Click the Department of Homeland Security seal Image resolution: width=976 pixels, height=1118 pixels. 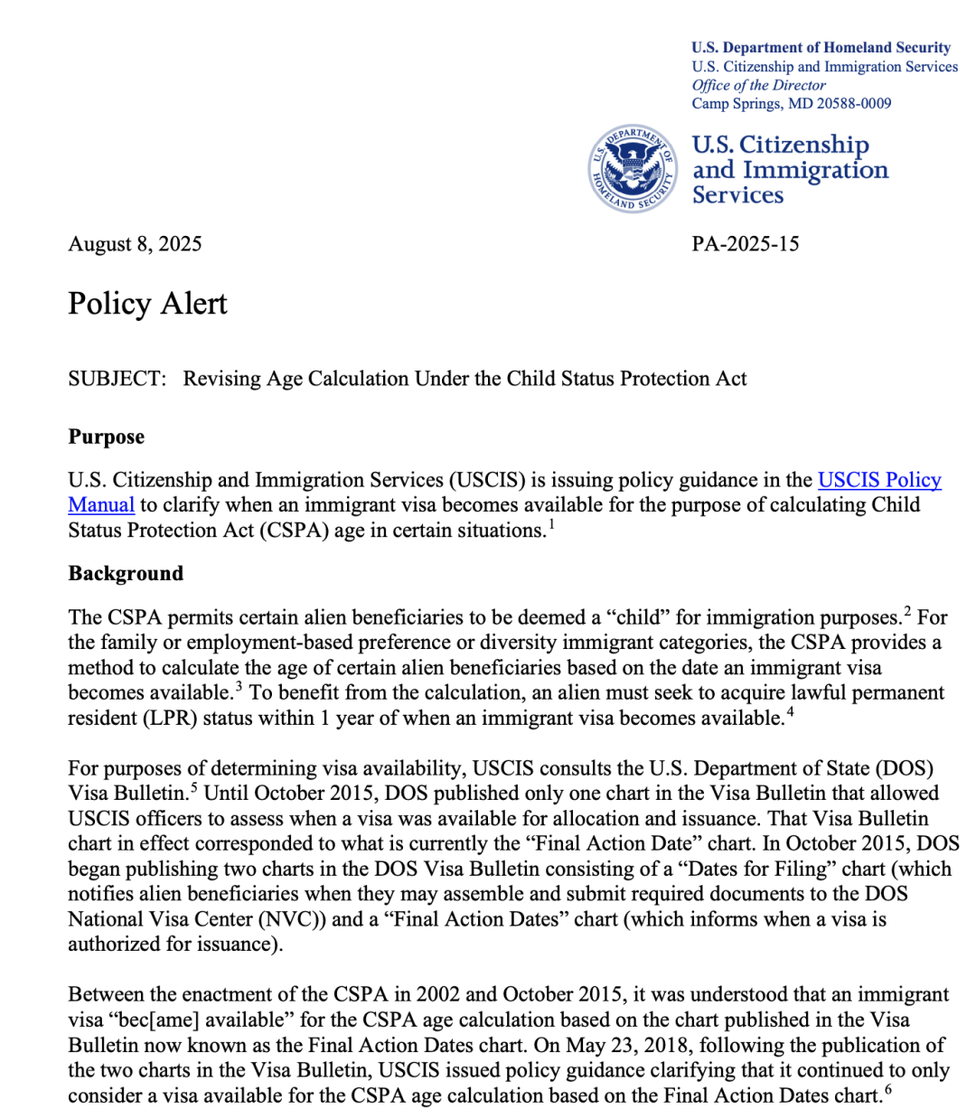coord(632,169)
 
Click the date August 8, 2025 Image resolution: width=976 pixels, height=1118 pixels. coord(135,244)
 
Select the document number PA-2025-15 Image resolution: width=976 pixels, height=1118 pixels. coord(746,244)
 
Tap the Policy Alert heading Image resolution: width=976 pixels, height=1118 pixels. coord(147,304)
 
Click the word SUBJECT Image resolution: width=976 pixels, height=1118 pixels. coord(117,379)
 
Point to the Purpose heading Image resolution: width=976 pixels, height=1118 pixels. coord(106,437)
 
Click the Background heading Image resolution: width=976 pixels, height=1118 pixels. coord(126,574)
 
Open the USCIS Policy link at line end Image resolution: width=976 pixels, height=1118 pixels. coord(879,480)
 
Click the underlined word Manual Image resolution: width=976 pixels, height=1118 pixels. coord(101,505)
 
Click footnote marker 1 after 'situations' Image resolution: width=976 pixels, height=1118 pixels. coord(551,524)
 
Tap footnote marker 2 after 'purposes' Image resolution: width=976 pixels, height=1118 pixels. coord(907,611)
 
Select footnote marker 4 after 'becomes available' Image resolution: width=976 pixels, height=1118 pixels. coord(790,711)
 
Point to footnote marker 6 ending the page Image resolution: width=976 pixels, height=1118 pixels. coord(888,1089)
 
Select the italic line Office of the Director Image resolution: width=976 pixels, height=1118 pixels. coord(758,85)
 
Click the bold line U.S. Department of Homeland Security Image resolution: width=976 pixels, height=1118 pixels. coord(821,47)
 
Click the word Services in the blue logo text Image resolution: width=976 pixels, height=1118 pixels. coord(737,195)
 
